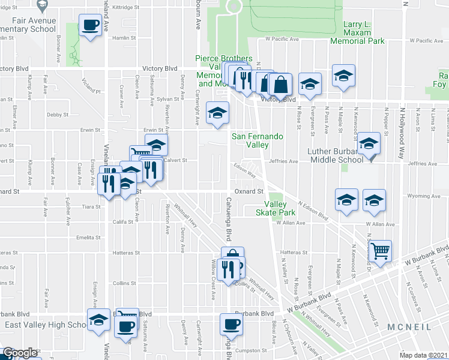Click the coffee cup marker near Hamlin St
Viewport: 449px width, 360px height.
[91, 26]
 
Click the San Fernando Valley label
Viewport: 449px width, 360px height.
[258, 140]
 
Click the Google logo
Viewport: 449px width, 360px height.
[19, 353]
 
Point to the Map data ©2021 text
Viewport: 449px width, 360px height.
[423, 355]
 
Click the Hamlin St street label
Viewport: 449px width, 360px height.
[125, 37]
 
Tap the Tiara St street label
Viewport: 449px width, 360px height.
[92, 206]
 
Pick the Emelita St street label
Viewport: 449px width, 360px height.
[88, 238]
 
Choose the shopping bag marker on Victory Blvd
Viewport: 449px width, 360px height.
[280, 85]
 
